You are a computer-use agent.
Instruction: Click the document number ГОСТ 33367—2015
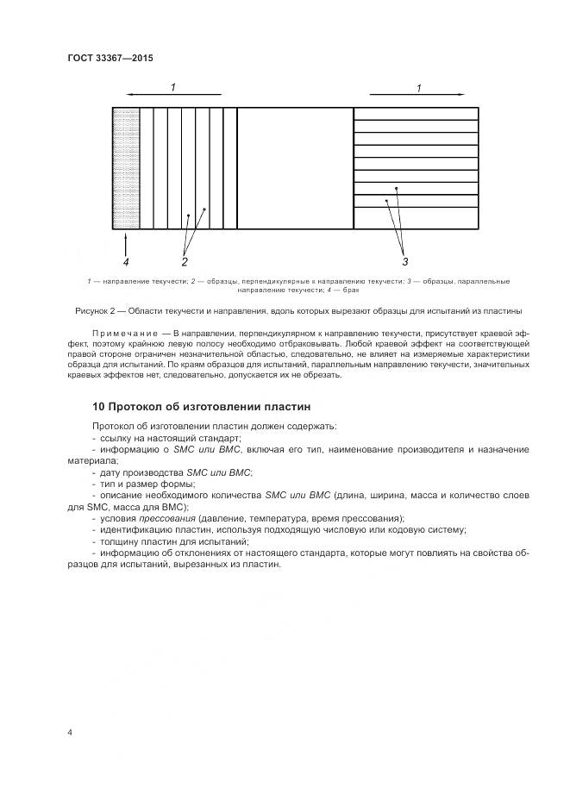110,58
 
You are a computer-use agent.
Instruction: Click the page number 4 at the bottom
70,733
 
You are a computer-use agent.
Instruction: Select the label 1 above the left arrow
173,87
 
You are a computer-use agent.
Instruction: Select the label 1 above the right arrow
418,87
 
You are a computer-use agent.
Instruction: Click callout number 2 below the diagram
185,261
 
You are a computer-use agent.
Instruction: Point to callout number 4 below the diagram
126,261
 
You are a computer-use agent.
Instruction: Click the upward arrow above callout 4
126,242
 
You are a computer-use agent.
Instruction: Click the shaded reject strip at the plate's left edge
126,168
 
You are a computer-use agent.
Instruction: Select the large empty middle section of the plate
295,168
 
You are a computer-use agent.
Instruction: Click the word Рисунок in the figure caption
85,310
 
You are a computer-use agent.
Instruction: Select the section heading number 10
97,406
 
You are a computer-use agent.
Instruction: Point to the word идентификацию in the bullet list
135,530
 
